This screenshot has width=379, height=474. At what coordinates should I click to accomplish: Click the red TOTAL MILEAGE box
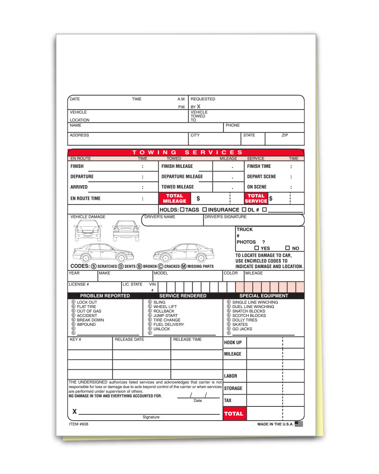175,198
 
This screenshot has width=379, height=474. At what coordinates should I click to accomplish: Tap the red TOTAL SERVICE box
256,198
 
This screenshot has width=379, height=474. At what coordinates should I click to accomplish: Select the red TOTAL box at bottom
234,413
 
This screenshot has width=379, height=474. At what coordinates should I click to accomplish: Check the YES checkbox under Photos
257,248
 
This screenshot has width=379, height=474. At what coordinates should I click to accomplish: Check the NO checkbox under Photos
288,248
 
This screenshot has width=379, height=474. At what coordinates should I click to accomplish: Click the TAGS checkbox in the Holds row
182,210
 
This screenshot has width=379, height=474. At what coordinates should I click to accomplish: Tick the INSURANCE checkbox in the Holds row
204,210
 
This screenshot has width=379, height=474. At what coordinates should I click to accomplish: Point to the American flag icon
299,424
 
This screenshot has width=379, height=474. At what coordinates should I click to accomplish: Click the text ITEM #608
79,424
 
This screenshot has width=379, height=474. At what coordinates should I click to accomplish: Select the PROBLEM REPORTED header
105,296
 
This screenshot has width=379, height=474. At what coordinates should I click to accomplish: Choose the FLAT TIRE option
86,307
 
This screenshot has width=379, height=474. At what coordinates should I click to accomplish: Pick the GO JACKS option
242,329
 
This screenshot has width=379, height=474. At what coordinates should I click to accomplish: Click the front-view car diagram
87,231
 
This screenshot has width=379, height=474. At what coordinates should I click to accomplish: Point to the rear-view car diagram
126,231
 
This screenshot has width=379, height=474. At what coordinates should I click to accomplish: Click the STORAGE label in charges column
233,389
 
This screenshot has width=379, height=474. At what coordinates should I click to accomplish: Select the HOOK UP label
233,343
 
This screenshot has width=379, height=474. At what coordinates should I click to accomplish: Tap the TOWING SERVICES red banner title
188,153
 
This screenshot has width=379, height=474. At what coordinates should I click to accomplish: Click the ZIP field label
285,135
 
